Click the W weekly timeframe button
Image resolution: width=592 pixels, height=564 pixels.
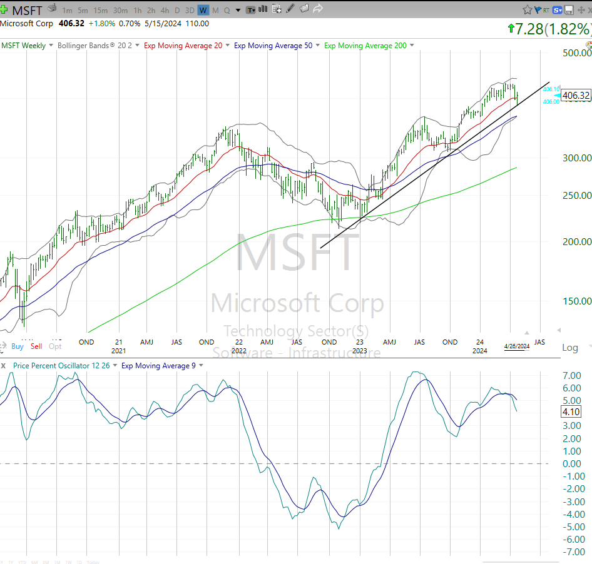(x=203, y=10)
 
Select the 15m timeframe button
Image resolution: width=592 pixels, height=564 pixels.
(x=100, y=10)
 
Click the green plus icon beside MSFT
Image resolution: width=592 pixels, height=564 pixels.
(x=4, y=10)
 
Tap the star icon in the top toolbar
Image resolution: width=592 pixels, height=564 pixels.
(x=528, y=10)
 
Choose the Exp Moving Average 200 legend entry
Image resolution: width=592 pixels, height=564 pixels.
(x=365, y=46)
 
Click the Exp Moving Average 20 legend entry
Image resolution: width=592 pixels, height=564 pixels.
(x=183, y=46)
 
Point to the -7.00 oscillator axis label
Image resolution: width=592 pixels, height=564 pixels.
(x=573, y=551)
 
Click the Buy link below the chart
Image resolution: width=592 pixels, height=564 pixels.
(x=17, y=346)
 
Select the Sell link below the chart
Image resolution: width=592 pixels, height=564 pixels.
(x=36, y=346)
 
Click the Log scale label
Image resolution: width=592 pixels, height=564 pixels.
(x=570, y=348)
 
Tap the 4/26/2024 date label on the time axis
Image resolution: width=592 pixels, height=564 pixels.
(x=517, y=346)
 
